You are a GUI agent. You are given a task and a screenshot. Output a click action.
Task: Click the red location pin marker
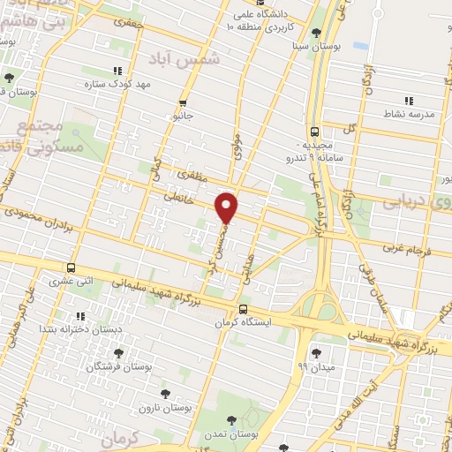(228, 207)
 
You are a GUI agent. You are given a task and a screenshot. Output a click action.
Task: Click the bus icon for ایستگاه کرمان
(243, 309)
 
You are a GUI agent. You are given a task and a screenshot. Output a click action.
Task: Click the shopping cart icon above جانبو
(183, 102)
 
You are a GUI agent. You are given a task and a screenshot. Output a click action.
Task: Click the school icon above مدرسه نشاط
(408, 101)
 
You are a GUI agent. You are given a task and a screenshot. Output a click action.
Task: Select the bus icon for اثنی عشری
(71, 268)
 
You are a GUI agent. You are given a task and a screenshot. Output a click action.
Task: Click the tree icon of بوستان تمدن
(231, 421)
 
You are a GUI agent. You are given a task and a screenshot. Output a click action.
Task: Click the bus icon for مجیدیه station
(315, 132)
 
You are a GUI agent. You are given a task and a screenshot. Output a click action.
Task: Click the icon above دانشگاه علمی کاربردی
(248, 14)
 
